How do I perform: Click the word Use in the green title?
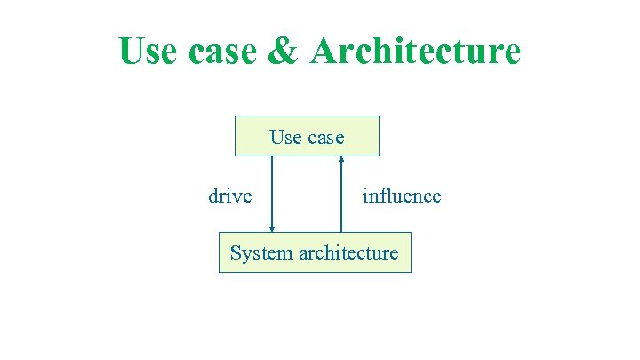[147, 52]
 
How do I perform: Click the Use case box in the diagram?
[307, 136]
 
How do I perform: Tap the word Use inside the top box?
[285, 137]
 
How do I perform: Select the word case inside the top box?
[324, 138]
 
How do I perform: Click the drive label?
[229, 196]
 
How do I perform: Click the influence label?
[401, 196]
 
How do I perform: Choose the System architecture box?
[315, 252]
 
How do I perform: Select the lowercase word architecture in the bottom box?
[348, 252]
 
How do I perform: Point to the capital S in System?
[236, 253]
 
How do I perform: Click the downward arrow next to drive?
[272, 194]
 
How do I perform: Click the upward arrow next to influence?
[341, 194]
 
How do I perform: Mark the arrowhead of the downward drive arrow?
[272, 229]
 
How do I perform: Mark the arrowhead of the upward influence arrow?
[341, 159]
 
